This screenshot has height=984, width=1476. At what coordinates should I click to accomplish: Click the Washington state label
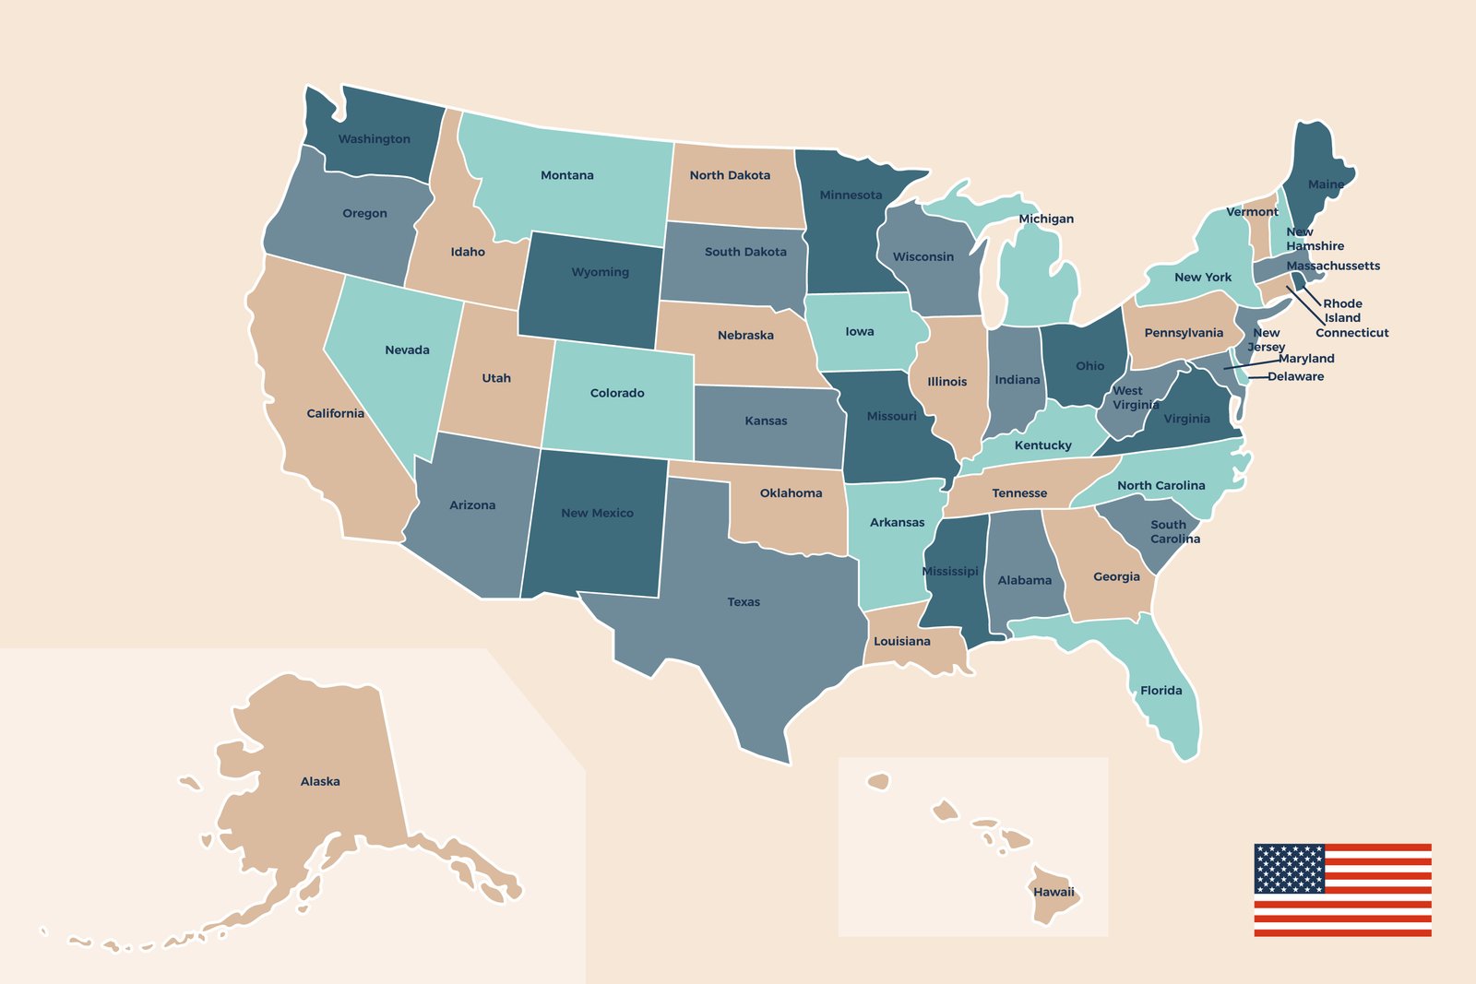(374, 139)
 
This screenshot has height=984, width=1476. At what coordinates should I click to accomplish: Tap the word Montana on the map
(566, 175)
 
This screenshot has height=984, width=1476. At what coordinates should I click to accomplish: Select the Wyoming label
(600, 272)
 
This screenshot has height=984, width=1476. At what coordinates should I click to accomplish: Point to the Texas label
(744, 602)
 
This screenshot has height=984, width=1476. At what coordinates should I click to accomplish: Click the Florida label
(1161, 691)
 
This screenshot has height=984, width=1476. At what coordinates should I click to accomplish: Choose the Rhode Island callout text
(1342, 311)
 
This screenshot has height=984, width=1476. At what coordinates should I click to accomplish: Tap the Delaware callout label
(1295, 376)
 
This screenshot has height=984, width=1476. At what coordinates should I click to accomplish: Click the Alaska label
(320, 782)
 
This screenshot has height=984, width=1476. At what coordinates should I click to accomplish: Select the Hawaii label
(1053, 892)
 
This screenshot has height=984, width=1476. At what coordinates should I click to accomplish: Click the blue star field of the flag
(1289, 868)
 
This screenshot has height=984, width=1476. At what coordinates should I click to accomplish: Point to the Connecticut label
(1351, 333)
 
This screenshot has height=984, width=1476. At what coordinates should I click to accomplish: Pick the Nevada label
(407, 350)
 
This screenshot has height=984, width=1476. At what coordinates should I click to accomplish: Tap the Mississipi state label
(950, 572)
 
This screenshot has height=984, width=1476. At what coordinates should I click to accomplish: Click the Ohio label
(1089, 366)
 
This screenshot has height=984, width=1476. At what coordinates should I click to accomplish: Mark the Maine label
(1326, 184)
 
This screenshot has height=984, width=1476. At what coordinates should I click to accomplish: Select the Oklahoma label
(791, 493)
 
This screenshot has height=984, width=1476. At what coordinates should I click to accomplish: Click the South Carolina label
(1174, 531)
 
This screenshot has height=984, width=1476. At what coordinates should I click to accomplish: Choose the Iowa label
(859, 332)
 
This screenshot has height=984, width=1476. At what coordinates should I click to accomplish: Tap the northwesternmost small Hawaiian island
(878, 782)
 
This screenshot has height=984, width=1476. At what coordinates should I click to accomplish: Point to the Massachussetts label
(1333, 266)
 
